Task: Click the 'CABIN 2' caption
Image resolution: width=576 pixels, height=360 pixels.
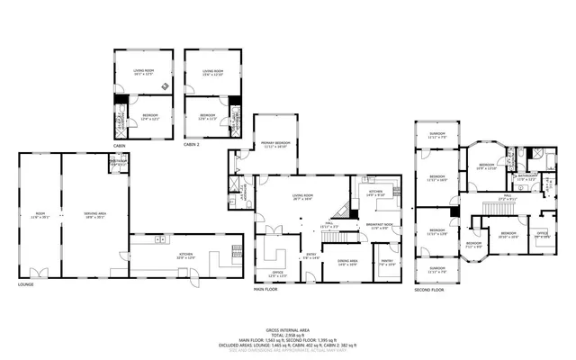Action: (x=193, y=144)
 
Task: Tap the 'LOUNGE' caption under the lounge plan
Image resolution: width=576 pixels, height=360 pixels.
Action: (x=25, y=284)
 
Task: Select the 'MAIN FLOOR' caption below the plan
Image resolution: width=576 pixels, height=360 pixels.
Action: (x=265, y=289)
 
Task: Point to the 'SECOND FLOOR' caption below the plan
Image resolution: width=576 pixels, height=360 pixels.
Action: (x=430, y=290)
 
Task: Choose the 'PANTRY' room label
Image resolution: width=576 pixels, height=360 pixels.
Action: (x=386, y=264)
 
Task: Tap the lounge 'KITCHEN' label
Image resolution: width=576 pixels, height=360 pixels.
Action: (x=186, y=256)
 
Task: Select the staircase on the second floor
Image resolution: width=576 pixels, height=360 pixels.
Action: (x=500, y=209)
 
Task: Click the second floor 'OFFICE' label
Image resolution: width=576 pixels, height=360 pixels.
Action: (x=543, y=235)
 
